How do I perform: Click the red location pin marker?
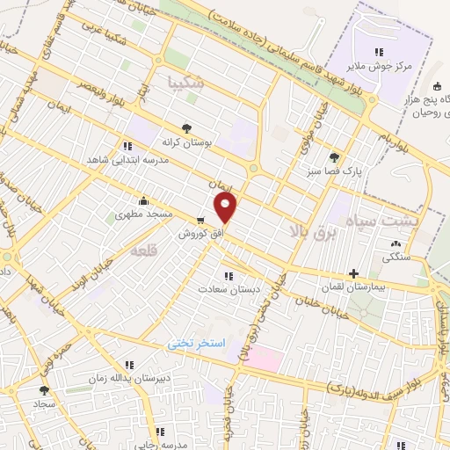[227, 207]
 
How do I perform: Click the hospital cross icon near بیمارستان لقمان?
[354, 273]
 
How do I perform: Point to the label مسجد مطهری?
[147, 214]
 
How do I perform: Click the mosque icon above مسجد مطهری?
[143, 200]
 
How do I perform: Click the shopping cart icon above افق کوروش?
[201, 220]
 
